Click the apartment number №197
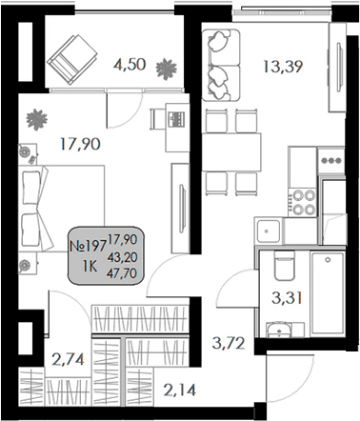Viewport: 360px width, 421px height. tap(88, 245)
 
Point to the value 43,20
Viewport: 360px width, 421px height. tap(120, 256)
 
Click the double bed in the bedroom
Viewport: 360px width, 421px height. tap(56, 205)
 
